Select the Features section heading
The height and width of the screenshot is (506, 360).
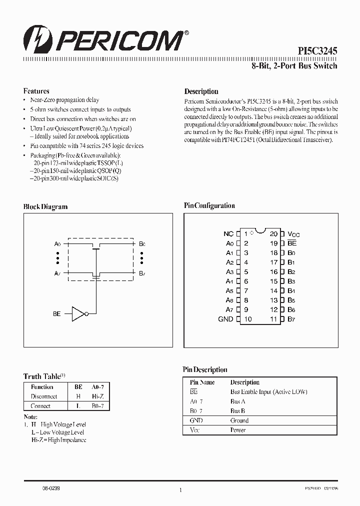(x=36, y=91)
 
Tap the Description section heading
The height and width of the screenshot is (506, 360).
(x=201, y=91)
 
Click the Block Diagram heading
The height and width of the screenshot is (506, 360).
(x=45, y=206)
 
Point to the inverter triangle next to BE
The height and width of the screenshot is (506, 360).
(x=78, y=313)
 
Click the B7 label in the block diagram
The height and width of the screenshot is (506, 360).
(x=142, y=273)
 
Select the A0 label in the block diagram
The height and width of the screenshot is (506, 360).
(x=57, y=244)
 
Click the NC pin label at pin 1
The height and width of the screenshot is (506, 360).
(x=228, y=233)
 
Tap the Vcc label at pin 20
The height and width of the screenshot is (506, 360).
(x=293, y=234)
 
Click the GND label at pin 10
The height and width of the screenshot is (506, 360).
(x=225, y=319)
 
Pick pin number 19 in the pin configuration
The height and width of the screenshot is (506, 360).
(x=274, y=243)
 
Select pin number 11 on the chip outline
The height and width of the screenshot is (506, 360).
(x=274, y=319)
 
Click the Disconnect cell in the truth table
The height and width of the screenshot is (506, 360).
(x=44, y=396)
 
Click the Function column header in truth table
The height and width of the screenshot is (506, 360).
(x=42, y=387)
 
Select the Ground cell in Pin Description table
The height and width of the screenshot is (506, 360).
(x=239, y=420)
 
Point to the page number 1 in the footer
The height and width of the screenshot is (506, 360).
(x=180, y=490)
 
